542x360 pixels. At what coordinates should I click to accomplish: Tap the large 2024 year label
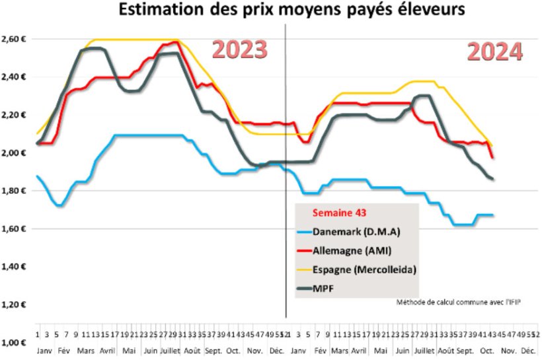click(x=495, y=52)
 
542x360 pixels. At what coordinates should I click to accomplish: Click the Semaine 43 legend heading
click(x=335, y=213)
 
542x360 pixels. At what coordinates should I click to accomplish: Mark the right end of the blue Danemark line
click(x=493, y=215)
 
